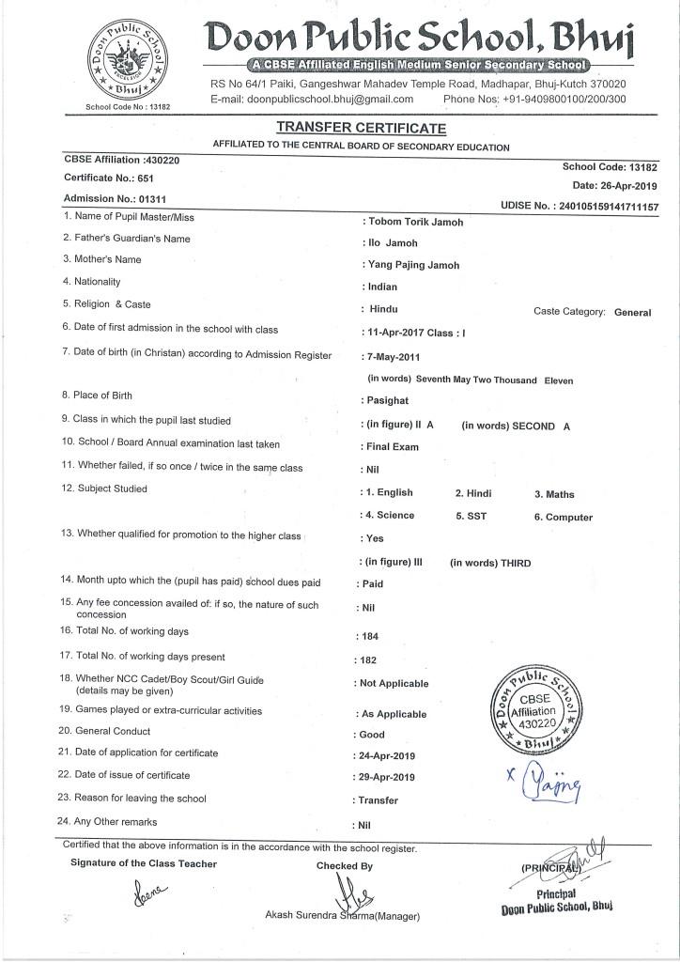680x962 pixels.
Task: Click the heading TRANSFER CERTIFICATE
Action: pyautogui.click(x=362, y=128)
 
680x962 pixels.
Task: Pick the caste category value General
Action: pyautogui.click(x=632, y=312)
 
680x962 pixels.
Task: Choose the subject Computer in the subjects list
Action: pyautogui.click(x=569, y=518)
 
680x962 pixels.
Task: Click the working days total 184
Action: pyautogui.click(x=369, y=636)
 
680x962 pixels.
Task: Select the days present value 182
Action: pyautogui.click(x=369, y=660)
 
